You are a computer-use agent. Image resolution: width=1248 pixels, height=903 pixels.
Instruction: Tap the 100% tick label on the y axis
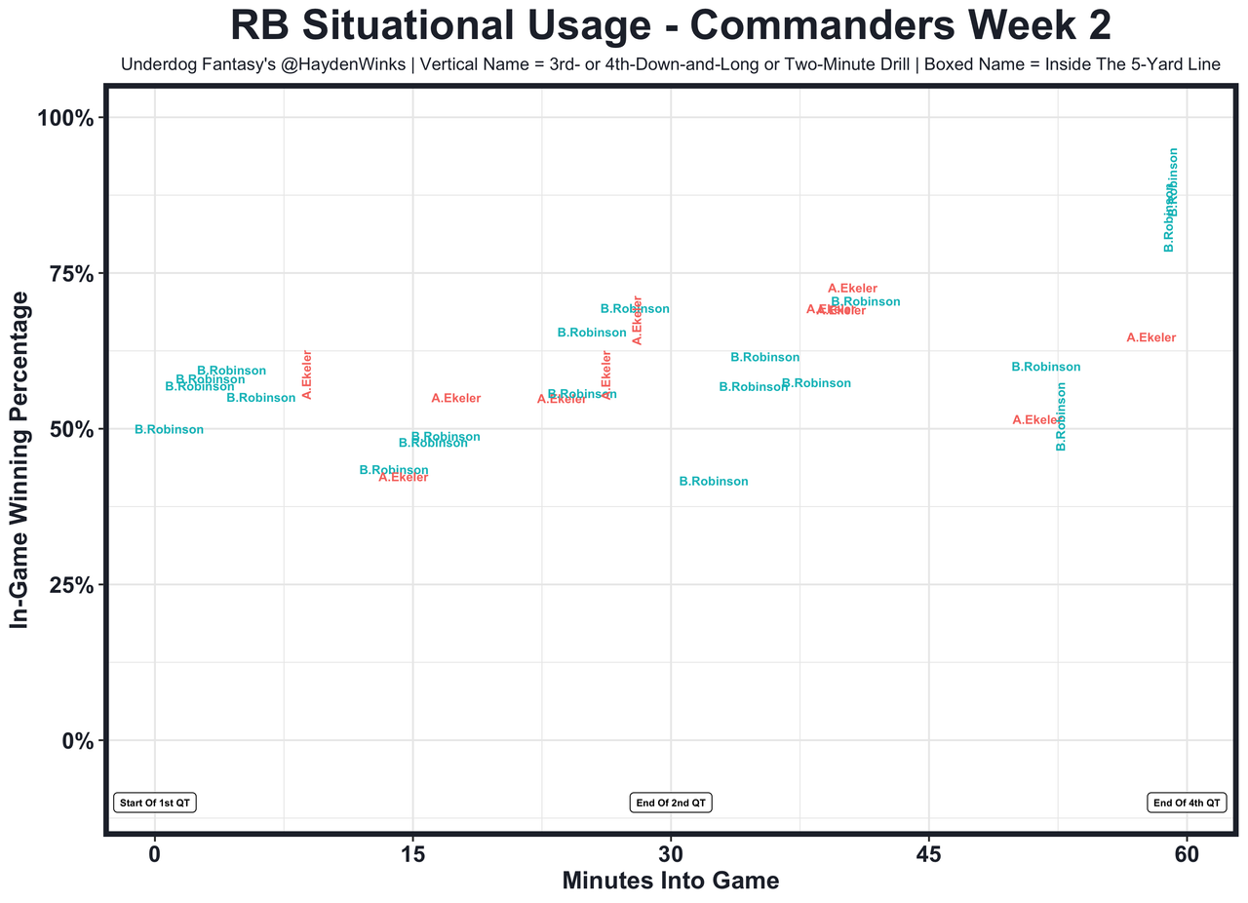coord(65,119)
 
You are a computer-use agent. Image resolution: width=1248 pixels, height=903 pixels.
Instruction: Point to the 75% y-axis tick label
coord(70,274)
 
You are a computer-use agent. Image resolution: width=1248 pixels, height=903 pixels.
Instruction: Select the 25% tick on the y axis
coord(70,585)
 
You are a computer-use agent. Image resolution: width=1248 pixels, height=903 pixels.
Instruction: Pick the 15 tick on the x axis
coord(412,853)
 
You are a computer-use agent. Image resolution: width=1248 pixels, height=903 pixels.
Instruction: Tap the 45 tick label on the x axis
coord(929,853)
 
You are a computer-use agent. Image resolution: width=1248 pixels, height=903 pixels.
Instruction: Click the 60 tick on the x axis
coord(1187,853)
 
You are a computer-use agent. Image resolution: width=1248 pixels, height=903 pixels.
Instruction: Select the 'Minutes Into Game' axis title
coord(671,881)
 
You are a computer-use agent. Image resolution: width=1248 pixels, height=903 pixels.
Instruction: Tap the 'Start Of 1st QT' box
coord(155,804)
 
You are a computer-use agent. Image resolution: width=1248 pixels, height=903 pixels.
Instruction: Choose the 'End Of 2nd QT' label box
coord(671,804)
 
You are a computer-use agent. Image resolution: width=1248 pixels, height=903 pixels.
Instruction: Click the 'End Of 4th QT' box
coord(1187,804)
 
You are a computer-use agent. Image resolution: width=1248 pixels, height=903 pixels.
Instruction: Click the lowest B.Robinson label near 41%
coord(714,482)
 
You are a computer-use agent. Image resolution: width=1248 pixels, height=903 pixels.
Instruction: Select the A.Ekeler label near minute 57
coord(1151,338)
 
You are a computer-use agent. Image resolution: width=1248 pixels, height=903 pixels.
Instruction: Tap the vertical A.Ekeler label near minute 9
coord(307,374)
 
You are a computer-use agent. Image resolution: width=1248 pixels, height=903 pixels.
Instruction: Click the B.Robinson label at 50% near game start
coord(170,430)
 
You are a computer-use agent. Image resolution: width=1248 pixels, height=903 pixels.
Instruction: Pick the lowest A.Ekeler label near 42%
coord(404,478)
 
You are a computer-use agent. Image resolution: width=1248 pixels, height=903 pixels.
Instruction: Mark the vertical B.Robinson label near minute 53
coord(1062,415)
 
